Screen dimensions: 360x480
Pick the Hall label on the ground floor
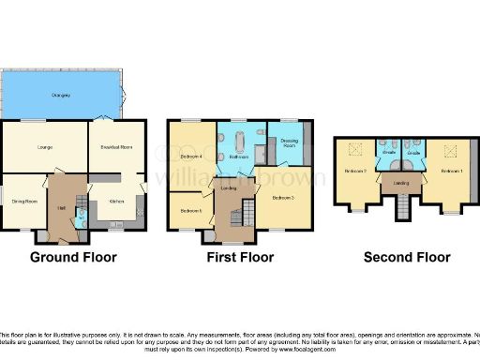pyautogui.click(x=60, y=207)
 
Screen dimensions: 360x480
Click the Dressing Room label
pyautogui.click(x=288, y=143)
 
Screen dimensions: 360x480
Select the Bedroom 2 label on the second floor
pyautogui.click(x=355, y=172)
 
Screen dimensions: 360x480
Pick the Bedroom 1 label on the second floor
pyautogui.click(x=451, y=172)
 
